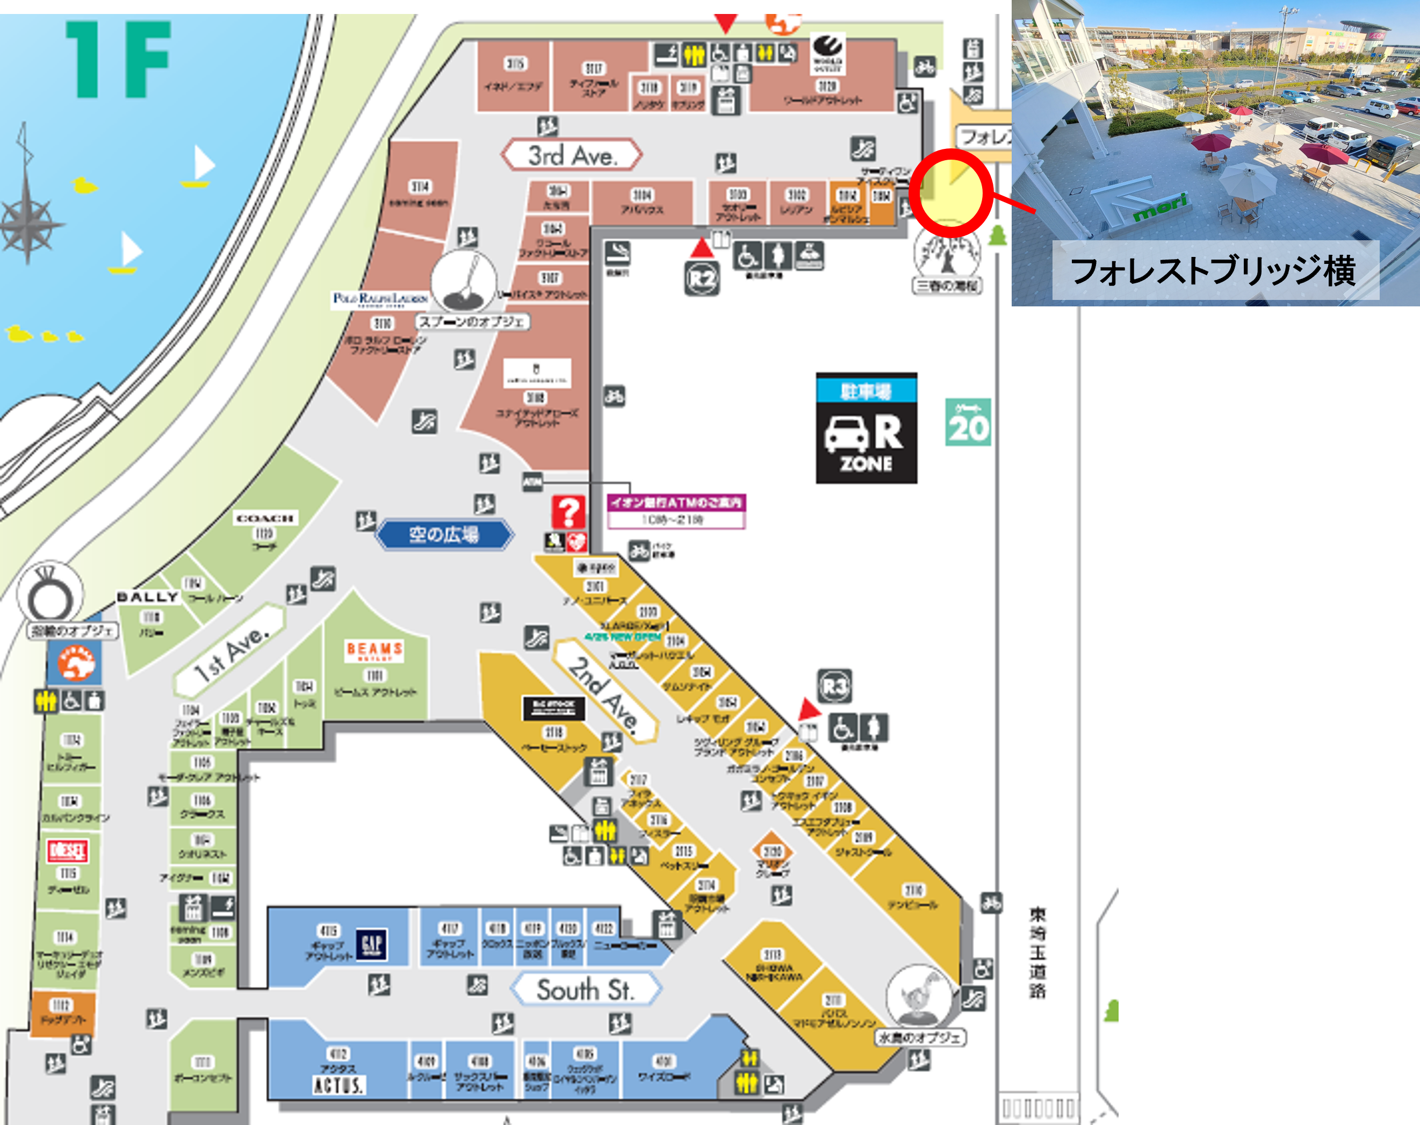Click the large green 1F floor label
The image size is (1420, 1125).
click(119, 59)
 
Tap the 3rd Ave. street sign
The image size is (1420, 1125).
click(572, 155)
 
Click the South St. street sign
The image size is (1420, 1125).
click(585, 990)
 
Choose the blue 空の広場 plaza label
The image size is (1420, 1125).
click(444, 534)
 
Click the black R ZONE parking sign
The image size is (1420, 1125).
click(867, 429)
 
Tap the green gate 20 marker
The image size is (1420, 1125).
click(968, 422)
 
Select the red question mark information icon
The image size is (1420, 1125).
click(568, 512)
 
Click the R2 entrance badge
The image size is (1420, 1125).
click(702, 278)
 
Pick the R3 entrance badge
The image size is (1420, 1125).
click(834, 687)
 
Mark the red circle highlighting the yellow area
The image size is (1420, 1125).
click(950, 193)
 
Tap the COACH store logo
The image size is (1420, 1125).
click(265, 518)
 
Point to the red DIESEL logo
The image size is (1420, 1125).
click(67, 851)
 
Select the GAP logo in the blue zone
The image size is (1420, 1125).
click(371, 944)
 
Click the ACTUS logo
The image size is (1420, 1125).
click(338, 1085)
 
